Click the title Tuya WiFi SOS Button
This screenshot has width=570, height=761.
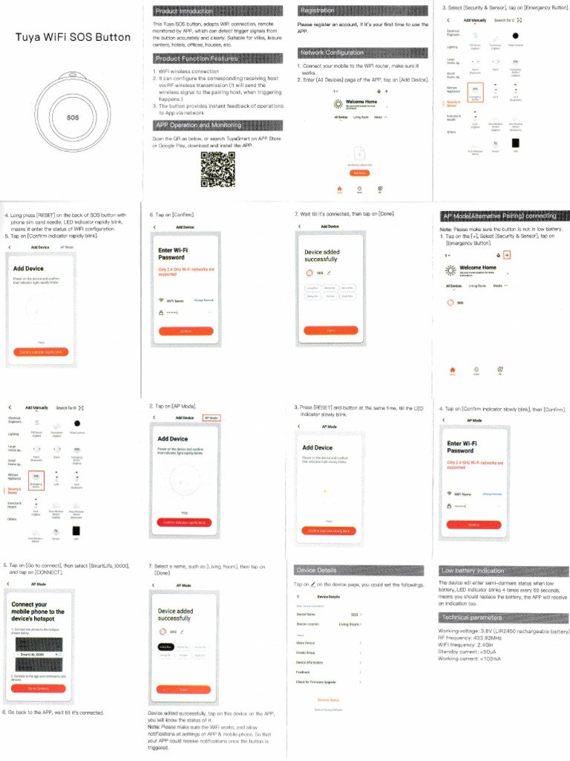[73, 37]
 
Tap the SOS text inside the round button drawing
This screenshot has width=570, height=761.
[73, 117]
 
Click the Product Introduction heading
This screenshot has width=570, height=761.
[183, 11]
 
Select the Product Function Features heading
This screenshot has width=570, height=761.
[196, 59]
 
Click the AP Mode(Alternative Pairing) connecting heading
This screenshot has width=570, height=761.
[499, 216]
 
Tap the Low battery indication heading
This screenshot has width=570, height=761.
[473, 571]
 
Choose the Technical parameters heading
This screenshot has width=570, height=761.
[472, 618]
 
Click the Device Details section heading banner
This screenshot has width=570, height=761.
[316, 570]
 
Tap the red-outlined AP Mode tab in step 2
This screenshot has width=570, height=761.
[212, 418]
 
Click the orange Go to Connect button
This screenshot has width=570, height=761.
[39, 688]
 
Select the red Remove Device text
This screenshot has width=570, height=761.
[328, 700]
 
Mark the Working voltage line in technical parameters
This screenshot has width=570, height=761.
[504, 632]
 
